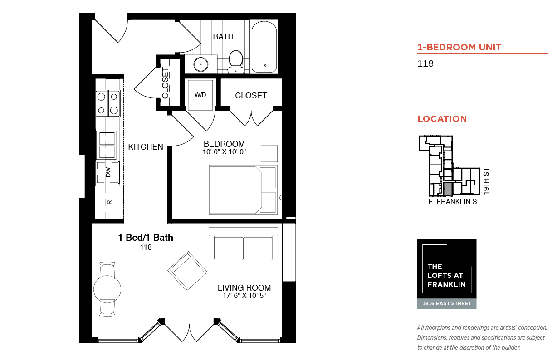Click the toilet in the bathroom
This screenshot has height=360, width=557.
click(235, 62)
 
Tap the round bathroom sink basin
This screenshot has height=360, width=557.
click(200, 64)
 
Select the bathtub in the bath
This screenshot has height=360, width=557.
click(264, 47)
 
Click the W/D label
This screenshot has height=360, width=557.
click(200, 95)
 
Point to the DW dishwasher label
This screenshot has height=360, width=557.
click(108, 172)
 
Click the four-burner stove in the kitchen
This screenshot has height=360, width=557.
click(107, 103)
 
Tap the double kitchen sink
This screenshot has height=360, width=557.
click(106, 145)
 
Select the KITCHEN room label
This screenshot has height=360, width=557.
click(146, 147)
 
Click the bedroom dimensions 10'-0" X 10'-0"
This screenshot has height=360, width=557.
click(224, 151)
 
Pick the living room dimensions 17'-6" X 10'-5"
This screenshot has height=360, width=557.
click(244, 295)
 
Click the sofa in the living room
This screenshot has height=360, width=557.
click(244, 244)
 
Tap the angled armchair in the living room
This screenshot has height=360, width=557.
click(187, 271)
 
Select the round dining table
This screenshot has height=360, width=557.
click(107, 289)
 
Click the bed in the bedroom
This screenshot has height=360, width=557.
click(243, 190)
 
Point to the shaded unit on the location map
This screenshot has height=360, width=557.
click(448, 190)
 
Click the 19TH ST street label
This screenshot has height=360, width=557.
click(486, 181)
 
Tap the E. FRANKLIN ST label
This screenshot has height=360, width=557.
click(454, 202)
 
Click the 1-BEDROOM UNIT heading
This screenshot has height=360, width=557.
click(459, 47)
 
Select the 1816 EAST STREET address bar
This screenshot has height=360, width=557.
click(447, 303)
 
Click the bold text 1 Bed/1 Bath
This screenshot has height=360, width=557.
click(146, 238)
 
